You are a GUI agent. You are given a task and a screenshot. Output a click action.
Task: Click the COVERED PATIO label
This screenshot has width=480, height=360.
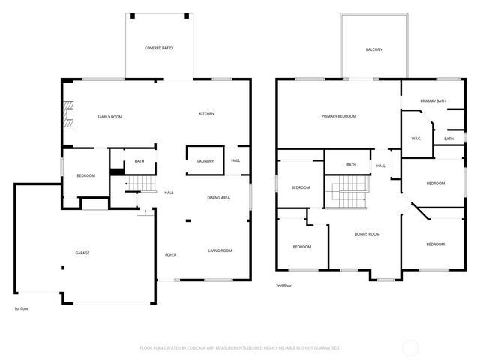pyautogui.click(x=158, y=48)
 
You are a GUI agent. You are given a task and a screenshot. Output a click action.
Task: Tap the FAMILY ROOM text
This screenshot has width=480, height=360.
pyautogui.click(x=109, y=117)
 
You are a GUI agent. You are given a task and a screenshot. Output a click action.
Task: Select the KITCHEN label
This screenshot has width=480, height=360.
pyautogui.click(x=206, y=113)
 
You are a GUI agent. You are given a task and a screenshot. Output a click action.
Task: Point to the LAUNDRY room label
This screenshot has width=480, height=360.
pyautogui.click(x=205, y=161)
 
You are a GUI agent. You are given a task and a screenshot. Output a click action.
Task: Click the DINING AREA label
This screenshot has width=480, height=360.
pyautogui.click(x=218, y=197)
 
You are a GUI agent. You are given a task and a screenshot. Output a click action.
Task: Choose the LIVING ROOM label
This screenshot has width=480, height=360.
pyautogui.click(x=220, y=250)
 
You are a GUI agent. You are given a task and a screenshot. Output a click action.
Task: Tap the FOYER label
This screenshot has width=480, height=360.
pyautogui.click(x=171, y=255)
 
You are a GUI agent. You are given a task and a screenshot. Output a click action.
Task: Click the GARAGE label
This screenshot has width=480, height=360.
pyautogui.click(x=82, y=253)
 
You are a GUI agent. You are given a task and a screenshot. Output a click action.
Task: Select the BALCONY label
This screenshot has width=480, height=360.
pyautogui.click(x=374, y=49)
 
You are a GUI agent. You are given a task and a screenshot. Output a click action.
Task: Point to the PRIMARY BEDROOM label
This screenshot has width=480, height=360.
pyautogui.click(x=338, y=116)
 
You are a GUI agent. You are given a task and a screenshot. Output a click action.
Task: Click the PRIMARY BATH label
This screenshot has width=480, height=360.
pyautogui.click(x=433, y=100)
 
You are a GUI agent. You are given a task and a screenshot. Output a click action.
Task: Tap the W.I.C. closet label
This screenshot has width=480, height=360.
pyautogui.click(x=417, y=139)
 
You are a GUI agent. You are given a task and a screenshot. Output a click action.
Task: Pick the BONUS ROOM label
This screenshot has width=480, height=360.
pyautogui.click(x=367, y=234)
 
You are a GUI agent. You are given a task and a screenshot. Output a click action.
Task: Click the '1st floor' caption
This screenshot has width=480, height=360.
pyautogui.click(x=22, y=308)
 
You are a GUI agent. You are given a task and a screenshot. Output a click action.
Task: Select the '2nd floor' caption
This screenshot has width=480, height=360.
pyautogui.click(x=283, y=286)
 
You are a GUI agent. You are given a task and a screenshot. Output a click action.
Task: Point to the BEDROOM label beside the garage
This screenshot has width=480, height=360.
pyautogui.click(x=85, y=175)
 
